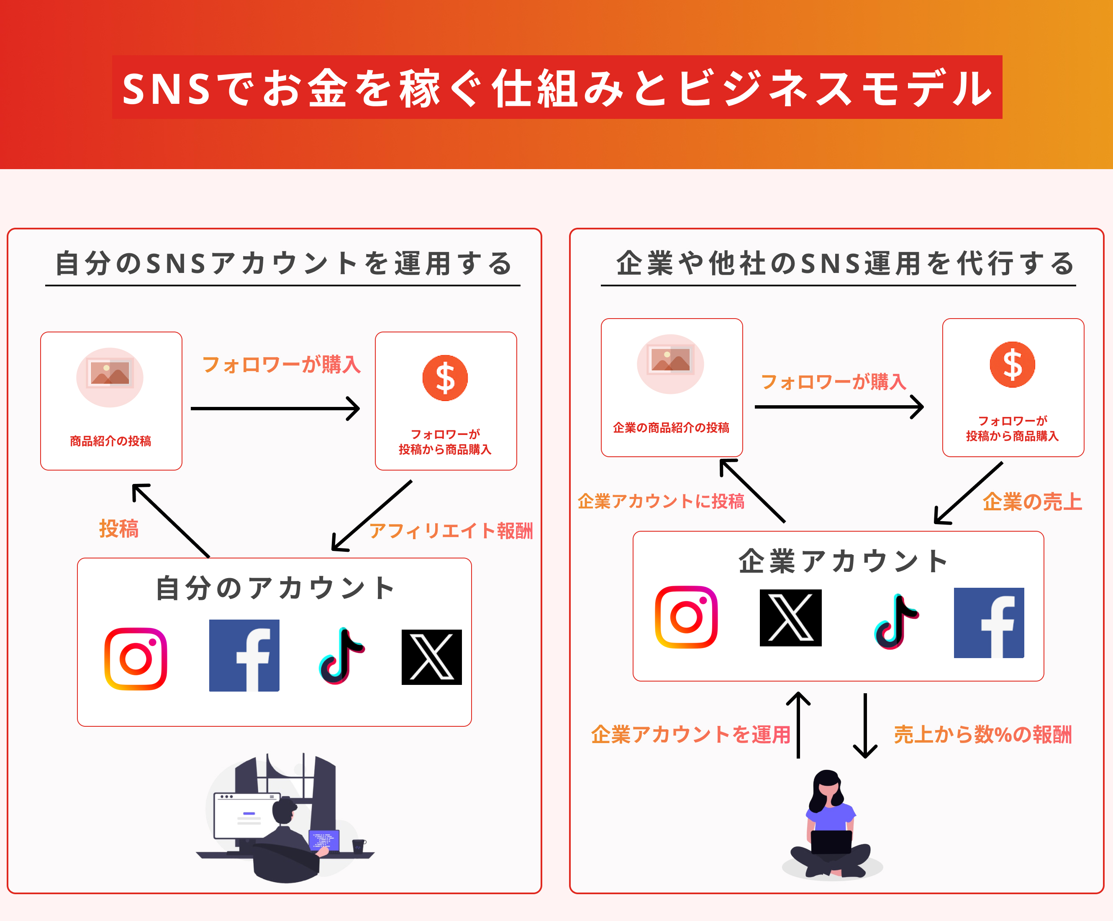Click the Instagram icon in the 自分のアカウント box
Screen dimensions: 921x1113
[x=136, y=659]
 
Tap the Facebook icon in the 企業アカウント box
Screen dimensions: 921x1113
[x=988, y=623]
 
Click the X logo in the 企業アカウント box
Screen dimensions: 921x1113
[x=790, y=618]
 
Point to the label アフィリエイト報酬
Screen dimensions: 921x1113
[x=451, y=530]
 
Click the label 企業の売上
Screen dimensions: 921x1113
[x=1032, y=501]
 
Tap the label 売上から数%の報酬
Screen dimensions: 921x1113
[x=982, y=734]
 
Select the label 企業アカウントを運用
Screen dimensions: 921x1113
[x=690, y=734]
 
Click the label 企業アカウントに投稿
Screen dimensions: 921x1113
[x=661, y=501]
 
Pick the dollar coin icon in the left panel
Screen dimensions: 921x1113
[x=445, y=378]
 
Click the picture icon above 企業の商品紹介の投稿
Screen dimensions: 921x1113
[x=670, y=363]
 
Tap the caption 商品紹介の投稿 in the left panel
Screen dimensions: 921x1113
[x=111, y=441]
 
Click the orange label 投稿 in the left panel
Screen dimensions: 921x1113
[x=119, y=528]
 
